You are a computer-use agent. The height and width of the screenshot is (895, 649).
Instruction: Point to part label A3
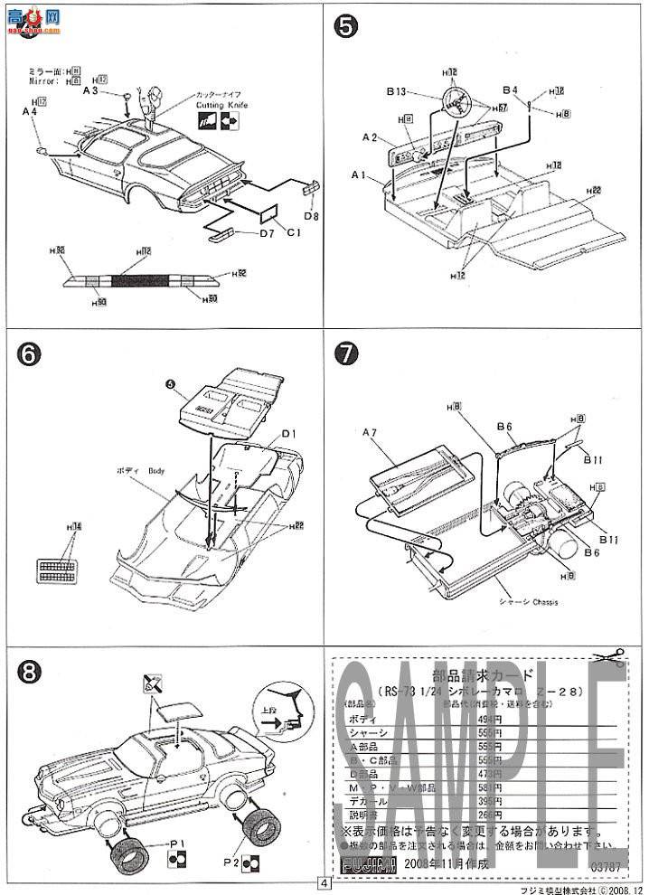(90, 91)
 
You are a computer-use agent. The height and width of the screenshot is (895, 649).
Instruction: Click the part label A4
(30, 111)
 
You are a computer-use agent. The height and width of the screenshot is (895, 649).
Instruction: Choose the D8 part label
(310, 216)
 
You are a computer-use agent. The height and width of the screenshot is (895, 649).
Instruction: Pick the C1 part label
(293, 233)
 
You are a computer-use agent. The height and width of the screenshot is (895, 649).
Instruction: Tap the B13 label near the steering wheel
(400, 91)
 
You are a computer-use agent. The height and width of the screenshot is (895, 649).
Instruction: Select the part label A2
(369, 137)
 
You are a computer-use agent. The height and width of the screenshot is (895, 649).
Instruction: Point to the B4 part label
(510, 90)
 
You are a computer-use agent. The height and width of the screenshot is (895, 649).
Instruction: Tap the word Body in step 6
(156, 471)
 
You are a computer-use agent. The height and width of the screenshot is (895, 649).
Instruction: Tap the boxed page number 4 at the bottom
(323, 883)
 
